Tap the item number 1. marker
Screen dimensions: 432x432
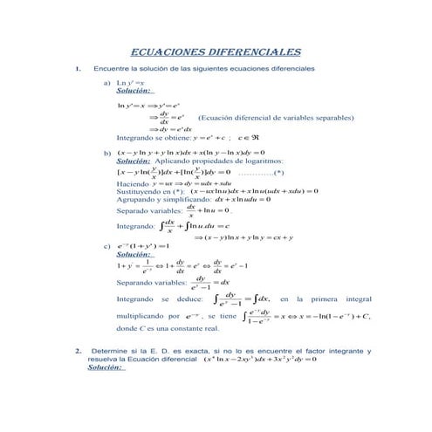[x=79, y=69]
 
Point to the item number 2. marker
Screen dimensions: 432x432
[x=79, y=352]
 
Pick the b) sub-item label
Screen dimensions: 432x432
[x=107, y=154]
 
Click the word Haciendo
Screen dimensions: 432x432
[x=133, y=183]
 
